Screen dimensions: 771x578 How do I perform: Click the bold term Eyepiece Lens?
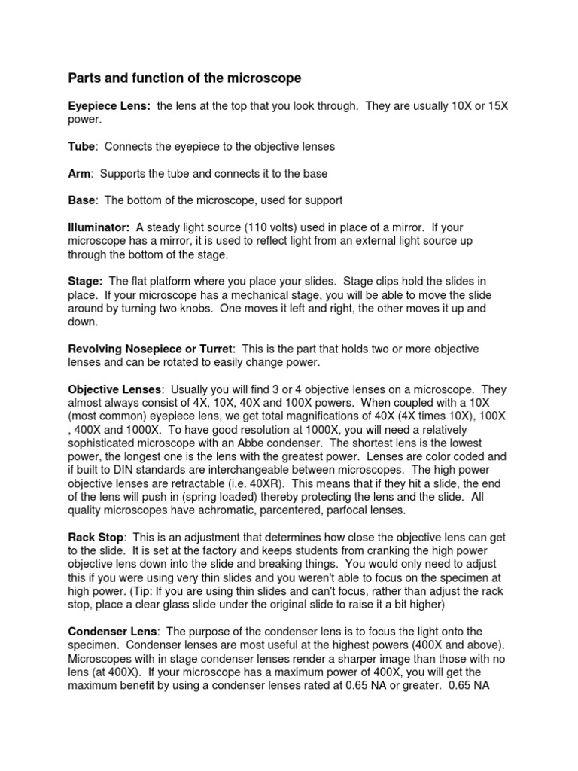click(x=109, y=106)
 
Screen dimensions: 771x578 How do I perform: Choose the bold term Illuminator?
click(x=99, y=227)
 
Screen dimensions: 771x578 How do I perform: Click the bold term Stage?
click(x=85, y=282)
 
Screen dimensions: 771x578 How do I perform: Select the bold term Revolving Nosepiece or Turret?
click(x=151, y=349)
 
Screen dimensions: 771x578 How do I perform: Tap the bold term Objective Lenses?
click(x=114, y=389)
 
